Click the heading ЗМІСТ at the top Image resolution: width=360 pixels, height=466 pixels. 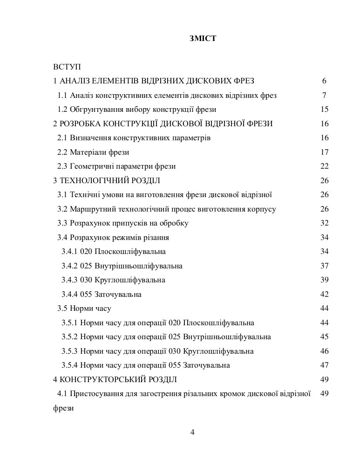pos(203,39)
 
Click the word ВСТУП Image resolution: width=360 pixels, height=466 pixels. pos(67,67)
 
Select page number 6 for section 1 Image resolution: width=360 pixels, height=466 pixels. pos(324,81)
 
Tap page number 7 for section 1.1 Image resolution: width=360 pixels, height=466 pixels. pos(324,96)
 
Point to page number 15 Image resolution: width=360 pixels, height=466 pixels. pos(325,110)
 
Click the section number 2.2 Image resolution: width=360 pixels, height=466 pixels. pos(63,152)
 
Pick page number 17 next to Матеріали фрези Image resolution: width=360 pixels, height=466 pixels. pos(325,152)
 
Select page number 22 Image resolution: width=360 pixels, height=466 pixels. pos(325,166)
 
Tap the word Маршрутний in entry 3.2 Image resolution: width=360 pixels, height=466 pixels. pos(90,209)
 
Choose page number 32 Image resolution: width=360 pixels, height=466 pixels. pos(325,223)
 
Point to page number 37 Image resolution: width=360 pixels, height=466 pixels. pos(325,266)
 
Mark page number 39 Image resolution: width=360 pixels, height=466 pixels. pos(325,280)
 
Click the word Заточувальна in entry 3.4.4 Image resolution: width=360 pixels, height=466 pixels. pos(118,295)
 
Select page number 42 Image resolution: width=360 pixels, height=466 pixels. pos(325,295)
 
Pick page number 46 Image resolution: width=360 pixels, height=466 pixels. pos(325,351)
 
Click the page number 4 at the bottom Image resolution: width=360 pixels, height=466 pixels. pos(192,432)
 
